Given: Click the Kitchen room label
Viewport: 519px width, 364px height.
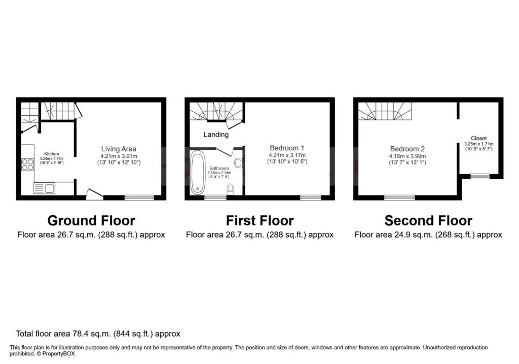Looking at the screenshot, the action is (x=52, y=154).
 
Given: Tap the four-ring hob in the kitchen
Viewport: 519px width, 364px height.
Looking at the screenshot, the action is (x=27, y=165).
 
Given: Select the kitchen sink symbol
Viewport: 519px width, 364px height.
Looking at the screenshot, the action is (x=45, y=188).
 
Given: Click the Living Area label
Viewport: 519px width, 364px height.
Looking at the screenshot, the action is (x=119, y=149).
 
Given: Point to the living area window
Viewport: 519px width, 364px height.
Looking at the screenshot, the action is (x=139, y=197).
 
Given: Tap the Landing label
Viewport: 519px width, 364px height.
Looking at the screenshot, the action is (x=216, y=135).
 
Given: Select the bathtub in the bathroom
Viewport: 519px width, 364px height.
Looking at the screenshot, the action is (x=198, y=172).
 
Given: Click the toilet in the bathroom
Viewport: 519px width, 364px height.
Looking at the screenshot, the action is (x=231, y=189).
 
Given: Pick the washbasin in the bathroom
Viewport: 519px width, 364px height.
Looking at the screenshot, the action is (x=238, y=163).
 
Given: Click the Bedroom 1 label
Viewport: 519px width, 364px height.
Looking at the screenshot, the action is (x=287, y=148).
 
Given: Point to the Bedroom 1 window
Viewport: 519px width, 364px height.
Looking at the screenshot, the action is (x=311, y=197).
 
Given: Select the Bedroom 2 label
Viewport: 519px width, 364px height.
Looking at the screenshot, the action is (x=407, y=149).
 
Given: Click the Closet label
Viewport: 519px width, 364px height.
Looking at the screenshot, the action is (x=478, y=138).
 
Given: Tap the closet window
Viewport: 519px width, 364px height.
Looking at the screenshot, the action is (x=480, y=176).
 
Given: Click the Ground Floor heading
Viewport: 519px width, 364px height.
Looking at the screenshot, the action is (x=91, y=220).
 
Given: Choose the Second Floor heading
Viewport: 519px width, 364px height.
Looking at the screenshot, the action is (x=428, y=220).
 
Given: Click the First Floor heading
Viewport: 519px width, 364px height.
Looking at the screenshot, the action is (x=260, y=220).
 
